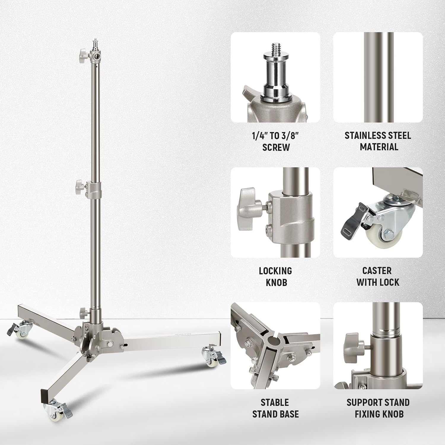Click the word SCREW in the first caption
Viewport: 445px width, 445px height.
click(x=276, y=147)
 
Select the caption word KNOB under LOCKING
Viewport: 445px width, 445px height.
click(x=276, y=282)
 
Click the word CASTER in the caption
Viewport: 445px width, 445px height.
click(x=377, y=271)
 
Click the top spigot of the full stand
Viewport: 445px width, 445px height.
click(x=96, y=41)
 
